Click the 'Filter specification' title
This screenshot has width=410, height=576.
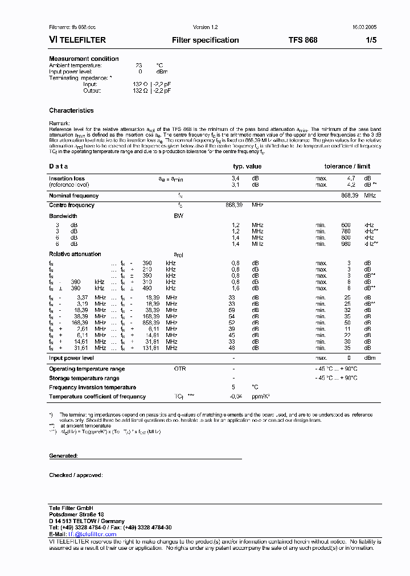(x=205, y=40)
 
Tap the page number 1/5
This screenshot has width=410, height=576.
(x=371, y=40)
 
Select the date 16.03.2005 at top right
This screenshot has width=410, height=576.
(x=364, y=27)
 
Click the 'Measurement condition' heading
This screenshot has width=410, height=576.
(x=84, y=59)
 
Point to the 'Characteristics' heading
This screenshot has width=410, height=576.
(x=71, y=110)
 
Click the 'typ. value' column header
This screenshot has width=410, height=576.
(x=247, y=166)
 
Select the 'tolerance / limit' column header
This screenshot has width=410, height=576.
(x=347, y=166)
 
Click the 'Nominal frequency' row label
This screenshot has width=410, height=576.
(x=73, y=195)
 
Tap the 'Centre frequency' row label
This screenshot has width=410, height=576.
(x=72, y=205)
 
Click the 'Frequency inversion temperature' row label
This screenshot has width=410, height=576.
(x=92, y=387)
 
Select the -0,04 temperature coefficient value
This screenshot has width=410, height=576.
(x=236, y=397)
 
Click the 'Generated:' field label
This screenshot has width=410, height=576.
(x=63, y=456)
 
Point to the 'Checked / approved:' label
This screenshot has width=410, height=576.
(x=76, y=475)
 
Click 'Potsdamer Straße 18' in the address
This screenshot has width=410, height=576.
(x=76, y=514)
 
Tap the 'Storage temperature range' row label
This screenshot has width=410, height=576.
(x=84, y=378)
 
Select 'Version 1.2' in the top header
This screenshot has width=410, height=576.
(x=205, y=27)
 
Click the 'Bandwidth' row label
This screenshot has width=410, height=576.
(x=63, y=216)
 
